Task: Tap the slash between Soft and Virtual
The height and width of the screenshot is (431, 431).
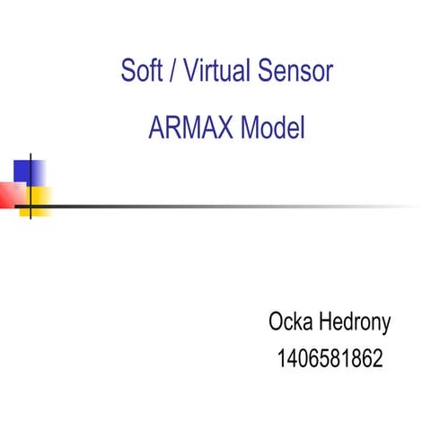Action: tap(172, 72)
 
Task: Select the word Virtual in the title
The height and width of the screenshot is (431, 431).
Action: tap(215, 71)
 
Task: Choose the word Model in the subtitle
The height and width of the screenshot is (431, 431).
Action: tap(272, 129)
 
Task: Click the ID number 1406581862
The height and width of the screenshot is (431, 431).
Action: tap(330, 360)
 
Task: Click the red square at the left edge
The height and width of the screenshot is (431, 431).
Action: tap(11, 194)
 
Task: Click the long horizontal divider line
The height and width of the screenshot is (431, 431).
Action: tap(224, 206)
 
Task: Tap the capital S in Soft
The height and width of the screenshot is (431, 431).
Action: tap(128, 71)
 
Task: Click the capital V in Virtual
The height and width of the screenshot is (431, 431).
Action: tap(189, 71)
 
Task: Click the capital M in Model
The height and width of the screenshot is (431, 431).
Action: tap(252, 129)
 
